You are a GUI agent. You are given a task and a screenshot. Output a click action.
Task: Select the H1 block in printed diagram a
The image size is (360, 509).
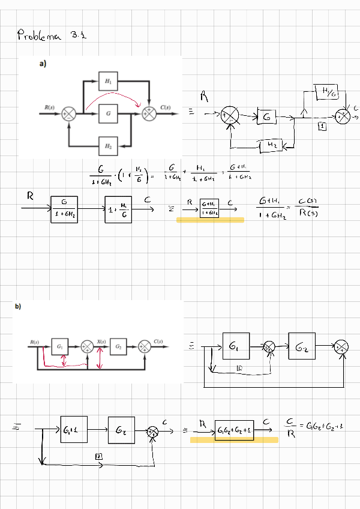click(x=109, y=80)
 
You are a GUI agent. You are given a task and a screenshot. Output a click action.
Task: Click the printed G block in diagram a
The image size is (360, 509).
click(x=108, y=113)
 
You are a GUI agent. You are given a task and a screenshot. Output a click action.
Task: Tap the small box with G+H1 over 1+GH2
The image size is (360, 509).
click(x=209, y=208)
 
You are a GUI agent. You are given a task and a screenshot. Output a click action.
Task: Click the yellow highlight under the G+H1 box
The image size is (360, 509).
click(x=210, y=221)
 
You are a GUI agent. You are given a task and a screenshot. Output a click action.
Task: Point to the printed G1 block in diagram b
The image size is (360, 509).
click(x=59, y=346)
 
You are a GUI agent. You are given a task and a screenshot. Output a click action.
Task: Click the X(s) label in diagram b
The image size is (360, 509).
click(x=101, y=342)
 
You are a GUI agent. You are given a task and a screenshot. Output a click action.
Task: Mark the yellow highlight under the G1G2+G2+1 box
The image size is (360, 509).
click(x=234, y=440)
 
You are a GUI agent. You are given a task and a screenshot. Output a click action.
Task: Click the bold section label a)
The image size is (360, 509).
click(x=43, y=64)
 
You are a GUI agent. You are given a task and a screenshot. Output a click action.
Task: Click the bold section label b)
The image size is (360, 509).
click(x=18, y=307)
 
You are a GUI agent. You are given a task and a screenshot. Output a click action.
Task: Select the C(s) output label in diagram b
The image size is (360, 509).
click(x=159, y=342)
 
